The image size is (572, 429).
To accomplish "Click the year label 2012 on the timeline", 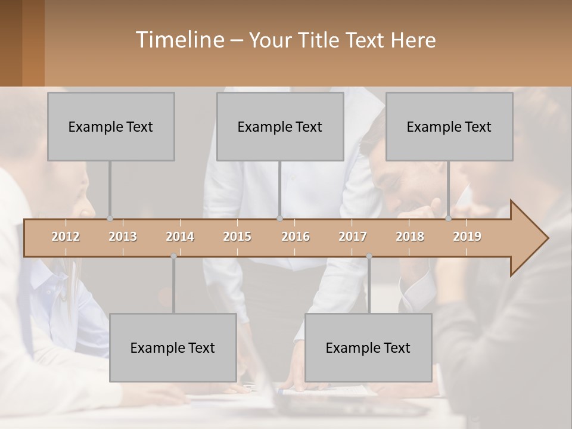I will pos(66,237).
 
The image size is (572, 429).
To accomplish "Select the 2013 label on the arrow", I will pos(123,237).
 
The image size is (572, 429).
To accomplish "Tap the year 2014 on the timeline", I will pos(180,237).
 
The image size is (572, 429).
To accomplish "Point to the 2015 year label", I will pos(237,237).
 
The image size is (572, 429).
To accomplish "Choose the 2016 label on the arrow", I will pos(296,237).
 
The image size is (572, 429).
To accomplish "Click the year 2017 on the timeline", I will pos(353,237).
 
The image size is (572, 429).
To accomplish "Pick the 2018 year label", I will pos(410,237).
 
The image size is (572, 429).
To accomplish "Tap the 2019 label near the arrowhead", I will pos(467,237).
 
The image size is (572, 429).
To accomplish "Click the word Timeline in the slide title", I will pos(179,40).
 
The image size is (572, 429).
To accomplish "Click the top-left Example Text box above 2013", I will pos(111,126).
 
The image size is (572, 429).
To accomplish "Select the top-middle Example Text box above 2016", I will pos(280,126).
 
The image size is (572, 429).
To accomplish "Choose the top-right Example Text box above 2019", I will pos(449,126).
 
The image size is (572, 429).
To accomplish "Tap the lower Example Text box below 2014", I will pos(173,347).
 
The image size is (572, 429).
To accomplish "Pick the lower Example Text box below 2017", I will pos(368,347).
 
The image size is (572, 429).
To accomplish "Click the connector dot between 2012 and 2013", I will pos(110,218).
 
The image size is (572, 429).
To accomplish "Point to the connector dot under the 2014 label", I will pos(173,256).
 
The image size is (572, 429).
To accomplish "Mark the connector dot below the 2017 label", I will pos(369,256).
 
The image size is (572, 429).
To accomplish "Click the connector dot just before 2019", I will pos(448,218).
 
